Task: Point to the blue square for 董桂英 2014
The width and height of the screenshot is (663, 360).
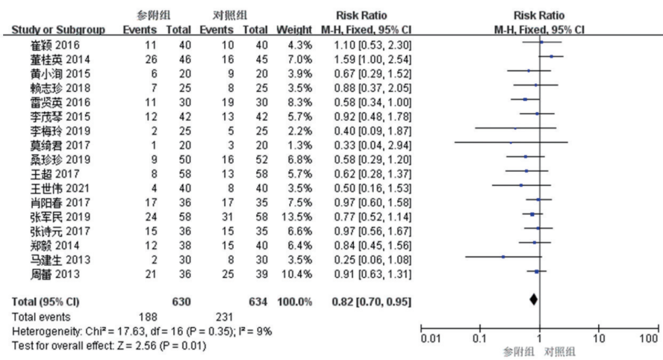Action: pyautogui.click(x=551, y=56)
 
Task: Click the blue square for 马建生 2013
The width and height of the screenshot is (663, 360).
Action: pyautogui.click(x=503, y=257)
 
